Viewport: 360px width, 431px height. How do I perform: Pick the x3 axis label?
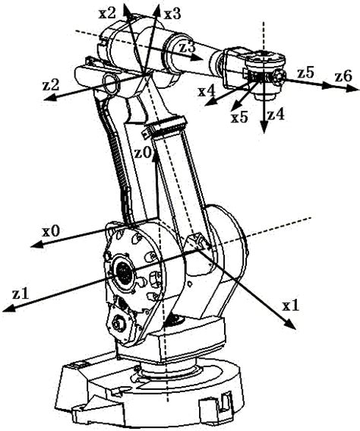172,13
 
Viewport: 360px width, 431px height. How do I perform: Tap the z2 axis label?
51,84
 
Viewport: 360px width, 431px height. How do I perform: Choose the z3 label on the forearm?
187,47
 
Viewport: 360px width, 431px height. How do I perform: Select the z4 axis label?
276,116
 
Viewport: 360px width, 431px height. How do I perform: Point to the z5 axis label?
305,72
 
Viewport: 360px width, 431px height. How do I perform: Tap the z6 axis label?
343,75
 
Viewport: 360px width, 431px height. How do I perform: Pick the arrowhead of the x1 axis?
294,328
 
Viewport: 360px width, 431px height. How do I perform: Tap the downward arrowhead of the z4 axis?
263,130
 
